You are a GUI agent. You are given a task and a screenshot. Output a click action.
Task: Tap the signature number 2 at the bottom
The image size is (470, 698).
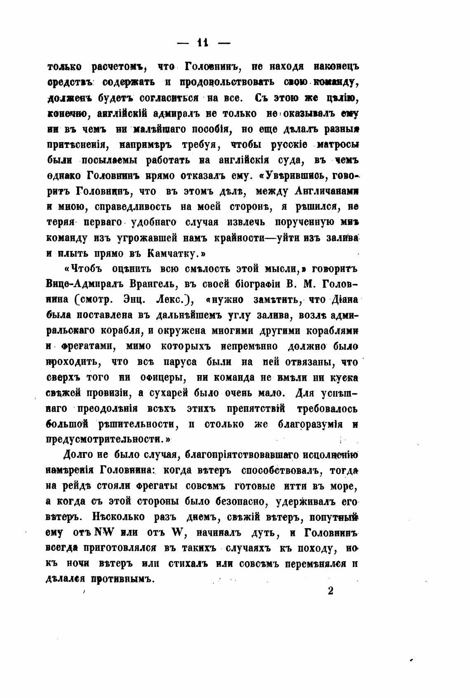330,590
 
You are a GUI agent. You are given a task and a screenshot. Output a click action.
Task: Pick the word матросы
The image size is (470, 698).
337,145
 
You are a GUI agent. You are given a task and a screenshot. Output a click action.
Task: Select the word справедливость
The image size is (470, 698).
133,206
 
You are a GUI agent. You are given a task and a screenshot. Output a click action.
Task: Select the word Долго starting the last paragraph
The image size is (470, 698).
80,455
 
